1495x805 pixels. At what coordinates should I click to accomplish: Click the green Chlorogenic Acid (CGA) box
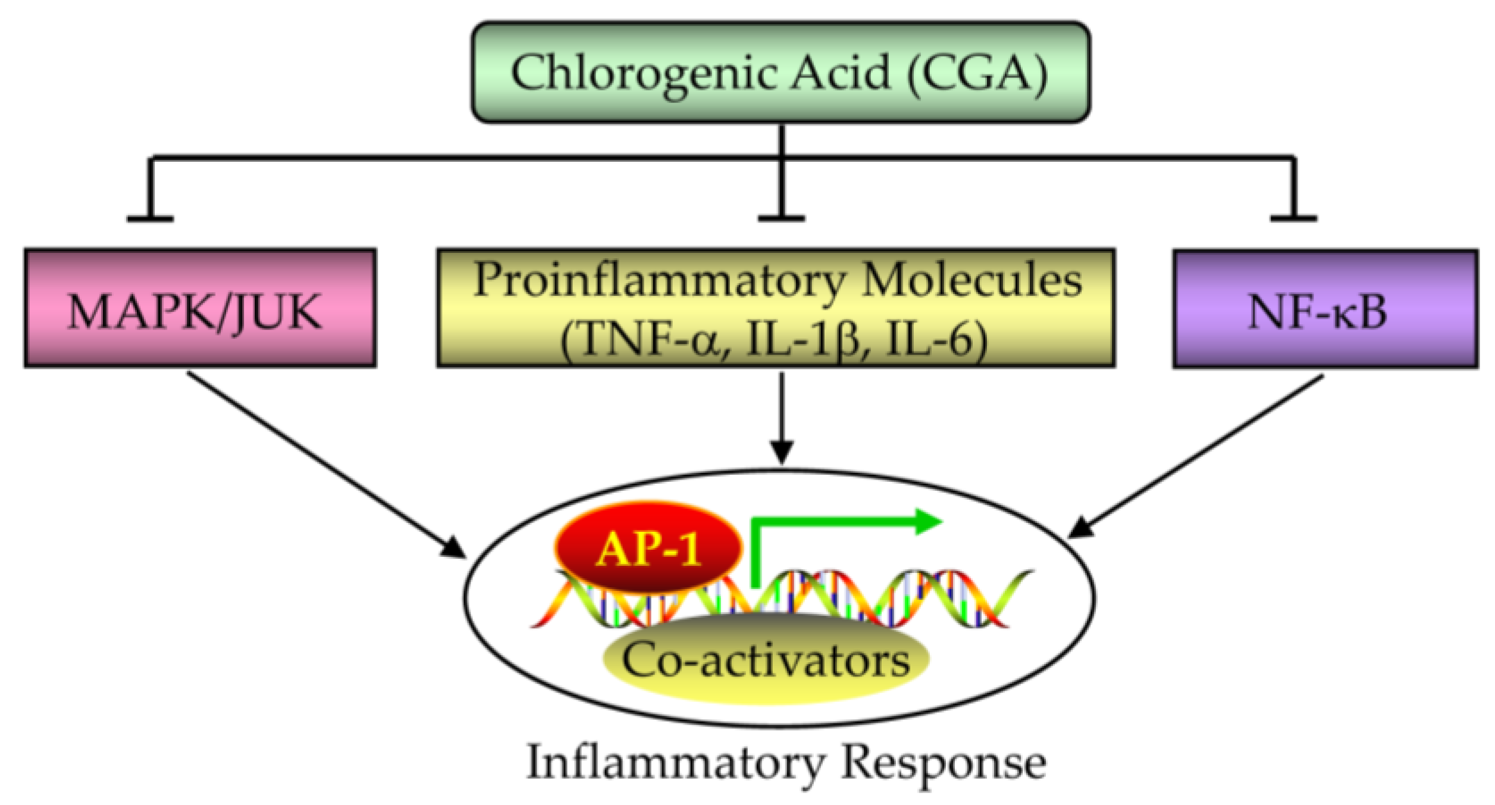(780, 72)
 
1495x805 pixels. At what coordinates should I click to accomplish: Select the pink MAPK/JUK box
(200, 308)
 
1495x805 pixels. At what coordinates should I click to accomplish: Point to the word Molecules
(971, 279)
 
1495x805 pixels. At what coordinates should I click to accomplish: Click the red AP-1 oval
(648, 547)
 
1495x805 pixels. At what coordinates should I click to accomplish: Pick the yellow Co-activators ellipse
(766, 660)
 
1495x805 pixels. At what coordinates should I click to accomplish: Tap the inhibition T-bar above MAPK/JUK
(150, 218)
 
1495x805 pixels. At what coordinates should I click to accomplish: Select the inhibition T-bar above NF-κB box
(1293, 218)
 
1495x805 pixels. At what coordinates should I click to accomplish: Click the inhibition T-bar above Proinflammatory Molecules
(781, 218)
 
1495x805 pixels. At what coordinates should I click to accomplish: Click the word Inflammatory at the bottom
(675, 762)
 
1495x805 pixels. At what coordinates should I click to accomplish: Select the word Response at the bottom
(944, 763)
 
